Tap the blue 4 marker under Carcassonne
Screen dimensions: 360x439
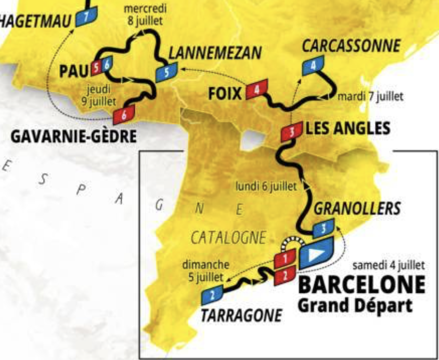coord(313,66)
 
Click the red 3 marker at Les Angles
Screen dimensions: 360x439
coord(292,132)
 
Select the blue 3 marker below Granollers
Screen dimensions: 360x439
coord(324,228)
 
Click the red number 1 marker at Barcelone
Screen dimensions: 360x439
coord(285,258)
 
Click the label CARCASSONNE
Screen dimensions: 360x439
coord(351,46)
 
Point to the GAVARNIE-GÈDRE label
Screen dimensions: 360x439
coord(74,137)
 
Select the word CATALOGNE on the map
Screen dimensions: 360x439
coord(228,238)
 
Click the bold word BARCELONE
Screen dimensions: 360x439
coord(361,285)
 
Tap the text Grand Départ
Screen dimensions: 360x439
coord(354,305)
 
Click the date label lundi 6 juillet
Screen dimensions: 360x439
coord(266,186)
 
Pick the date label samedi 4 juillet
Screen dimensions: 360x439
coord(389,265)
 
